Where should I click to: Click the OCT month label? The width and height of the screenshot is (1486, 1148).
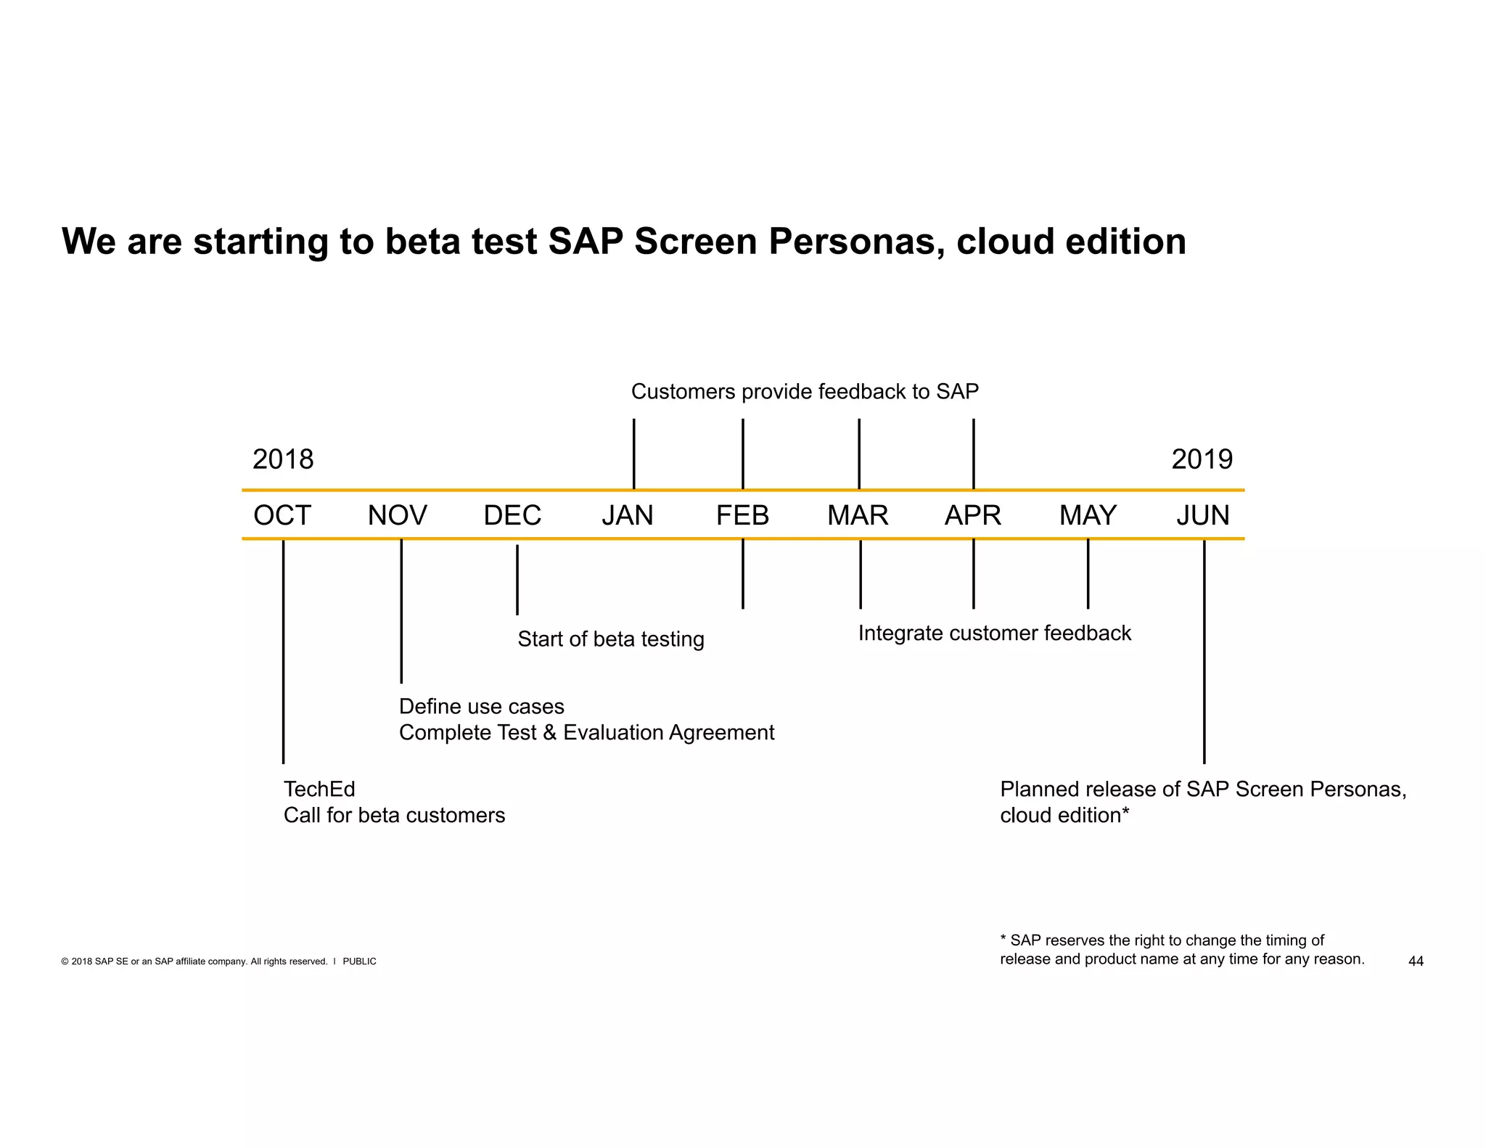point(282,515)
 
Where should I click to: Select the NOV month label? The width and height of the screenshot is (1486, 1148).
point(397,515)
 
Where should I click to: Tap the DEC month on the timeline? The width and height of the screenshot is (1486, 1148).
point(512,515)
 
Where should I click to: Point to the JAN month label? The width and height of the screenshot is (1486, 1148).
point(628,515)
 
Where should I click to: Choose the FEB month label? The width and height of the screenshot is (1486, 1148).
point(742,515)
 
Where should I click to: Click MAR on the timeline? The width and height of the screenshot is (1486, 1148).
point(858,515)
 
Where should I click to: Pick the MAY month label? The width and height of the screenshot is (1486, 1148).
point(1088,515)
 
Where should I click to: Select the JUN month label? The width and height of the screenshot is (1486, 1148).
point(1203,515)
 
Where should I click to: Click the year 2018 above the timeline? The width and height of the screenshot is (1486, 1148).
point(283,459)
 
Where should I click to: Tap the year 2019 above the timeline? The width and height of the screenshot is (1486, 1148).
point(1202,459)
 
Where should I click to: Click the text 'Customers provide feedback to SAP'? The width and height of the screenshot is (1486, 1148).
point(805,392)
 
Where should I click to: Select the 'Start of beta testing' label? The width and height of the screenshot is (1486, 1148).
point(611,639)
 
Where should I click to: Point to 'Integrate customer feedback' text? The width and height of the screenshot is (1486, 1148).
point(995,634)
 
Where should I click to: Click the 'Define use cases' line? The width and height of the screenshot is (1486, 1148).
point(482,707)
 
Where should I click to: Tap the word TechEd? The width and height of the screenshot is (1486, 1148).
point(319,790)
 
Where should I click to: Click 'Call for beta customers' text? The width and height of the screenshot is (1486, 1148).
point(394,816)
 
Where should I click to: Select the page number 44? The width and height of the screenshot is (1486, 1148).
point(1416,962)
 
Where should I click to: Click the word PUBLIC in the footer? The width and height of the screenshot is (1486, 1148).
point(359,962)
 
